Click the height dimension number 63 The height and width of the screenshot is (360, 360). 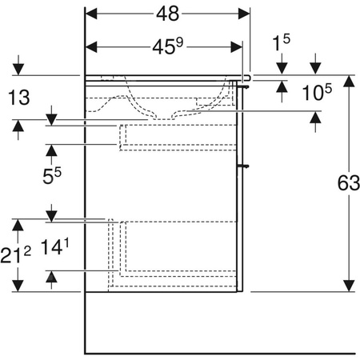click(348, 183)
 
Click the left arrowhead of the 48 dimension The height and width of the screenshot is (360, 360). click(90, 14)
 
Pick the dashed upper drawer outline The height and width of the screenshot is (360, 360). click(178, 137)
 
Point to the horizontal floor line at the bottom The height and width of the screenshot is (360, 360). click(216, 353)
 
